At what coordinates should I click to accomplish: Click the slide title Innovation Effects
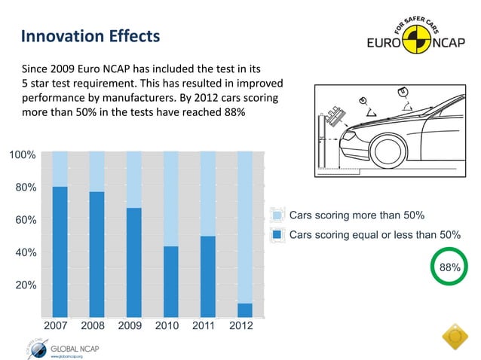[x=90, y=36]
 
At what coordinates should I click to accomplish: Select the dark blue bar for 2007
[x=60, y=252]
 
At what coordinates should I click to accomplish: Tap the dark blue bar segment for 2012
[x=244, y=310]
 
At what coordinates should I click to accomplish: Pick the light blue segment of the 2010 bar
[x=170, y=198]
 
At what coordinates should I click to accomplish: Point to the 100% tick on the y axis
[x=22, y=154]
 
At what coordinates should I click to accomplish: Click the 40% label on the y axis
[x=25, y=252]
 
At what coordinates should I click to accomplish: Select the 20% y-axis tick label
[x=25, y=285]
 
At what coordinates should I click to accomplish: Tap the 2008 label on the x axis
[x=93, y=326]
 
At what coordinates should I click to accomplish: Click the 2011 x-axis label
[x=204, y=326]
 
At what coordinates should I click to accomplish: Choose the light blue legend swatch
[x=277, y=215]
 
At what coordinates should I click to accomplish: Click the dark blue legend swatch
[x=277, y=234]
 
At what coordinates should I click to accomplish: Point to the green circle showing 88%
[x=450, y=267]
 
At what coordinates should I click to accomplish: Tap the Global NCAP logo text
[x=74, y=348]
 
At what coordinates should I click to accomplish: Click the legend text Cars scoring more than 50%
[x=357, y=215]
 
